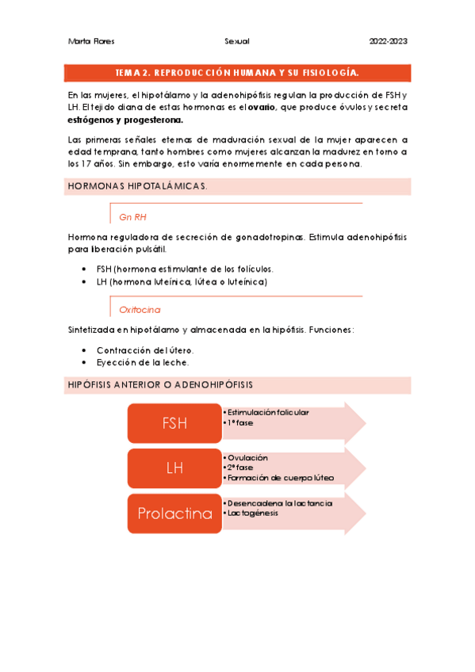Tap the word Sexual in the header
click(237, 41)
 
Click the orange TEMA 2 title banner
click(237, 73)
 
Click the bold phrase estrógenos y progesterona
click(125, 120)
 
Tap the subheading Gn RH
click(132, 216)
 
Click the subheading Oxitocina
click(140, 309)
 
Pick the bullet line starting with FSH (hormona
click(185, 269)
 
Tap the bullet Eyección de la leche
click(143, 362)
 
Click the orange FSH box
click(174, 423)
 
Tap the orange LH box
click(174, 468)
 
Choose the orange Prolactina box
click(174, 514)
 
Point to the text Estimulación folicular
click(268, 412)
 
